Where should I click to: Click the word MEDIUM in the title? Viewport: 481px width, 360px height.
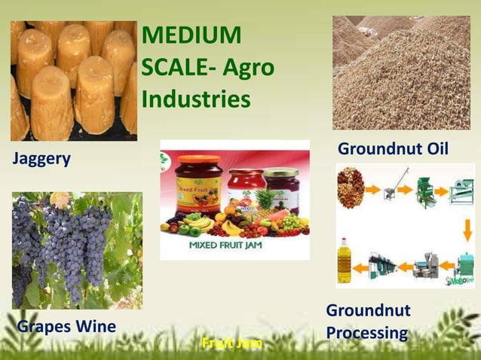click(191, 35)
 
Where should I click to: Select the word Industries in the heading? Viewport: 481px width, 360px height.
click(196, 99)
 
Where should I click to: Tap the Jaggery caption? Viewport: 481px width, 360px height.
click(41, 159)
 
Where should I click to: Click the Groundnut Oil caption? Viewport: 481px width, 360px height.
click(393, 149)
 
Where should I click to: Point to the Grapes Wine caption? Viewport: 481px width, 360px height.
click(66, 327)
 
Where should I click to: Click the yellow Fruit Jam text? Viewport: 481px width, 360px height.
click(232, 343)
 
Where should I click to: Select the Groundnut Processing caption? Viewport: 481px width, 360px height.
click(368, 322)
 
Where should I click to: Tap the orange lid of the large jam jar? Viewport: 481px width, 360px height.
click(198, 160)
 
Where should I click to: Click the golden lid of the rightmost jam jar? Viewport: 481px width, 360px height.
click(280, 171)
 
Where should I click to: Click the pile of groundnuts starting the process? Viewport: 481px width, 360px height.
click(351, 187)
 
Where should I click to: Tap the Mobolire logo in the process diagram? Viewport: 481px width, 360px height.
click(458, 281)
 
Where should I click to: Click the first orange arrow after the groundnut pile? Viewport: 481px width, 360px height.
click(372, 190)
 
